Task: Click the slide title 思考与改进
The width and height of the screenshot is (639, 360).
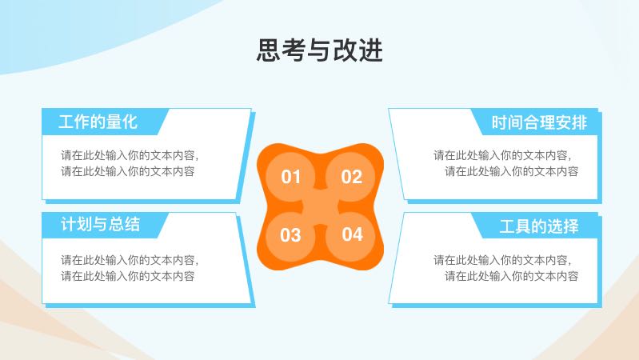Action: coord(320,50)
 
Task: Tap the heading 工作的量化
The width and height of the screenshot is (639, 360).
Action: coord(98,122)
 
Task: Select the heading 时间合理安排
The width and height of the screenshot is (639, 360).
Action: coord(539,122)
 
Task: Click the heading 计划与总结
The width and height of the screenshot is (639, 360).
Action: coord(100,225)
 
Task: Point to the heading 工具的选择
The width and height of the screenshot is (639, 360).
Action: coord(539,226)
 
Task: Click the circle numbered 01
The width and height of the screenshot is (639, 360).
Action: coord(290,177)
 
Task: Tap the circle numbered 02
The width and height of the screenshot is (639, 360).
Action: coord(351,177)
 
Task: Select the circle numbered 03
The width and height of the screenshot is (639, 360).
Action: coord(290,236)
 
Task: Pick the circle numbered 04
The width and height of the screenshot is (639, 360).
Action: coord(351,235)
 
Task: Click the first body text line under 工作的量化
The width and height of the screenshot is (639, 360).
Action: coord(130,155)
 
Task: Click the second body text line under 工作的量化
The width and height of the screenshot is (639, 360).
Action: coord(127,172)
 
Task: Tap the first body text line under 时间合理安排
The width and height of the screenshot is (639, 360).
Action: coord(502,155)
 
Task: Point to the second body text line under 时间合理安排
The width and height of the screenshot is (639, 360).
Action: coord(512,172)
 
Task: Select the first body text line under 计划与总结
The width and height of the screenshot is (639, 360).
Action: coord(130,260)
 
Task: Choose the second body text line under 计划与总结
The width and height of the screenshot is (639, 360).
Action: coord(127,277)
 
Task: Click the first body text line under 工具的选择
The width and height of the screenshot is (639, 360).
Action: coord(502,260)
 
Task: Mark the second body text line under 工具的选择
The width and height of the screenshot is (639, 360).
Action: coord(512,277)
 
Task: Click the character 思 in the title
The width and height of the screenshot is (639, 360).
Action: coord(269,50)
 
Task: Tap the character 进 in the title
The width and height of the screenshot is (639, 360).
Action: coord(371,50)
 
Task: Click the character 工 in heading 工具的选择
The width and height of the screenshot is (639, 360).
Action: coord(507,226)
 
